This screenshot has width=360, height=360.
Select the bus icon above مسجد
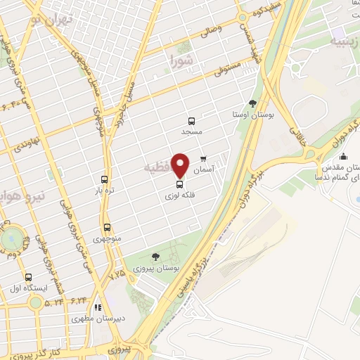[192, 120]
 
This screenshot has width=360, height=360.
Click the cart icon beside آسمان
[204, 159]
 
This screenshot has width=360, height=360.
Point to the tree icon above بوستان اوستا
[252, 103]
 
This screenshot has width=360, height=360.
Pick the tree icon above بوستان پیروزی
[155, 257]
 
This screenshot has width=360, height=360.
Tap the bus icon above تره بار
[104, 179]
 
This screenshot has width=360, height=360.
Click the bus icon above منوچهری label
[107, 227]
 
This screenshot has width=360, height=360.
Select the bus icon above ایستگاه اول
[28, 277]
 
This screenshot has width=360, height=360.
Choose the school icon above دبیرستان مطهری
[98, 307]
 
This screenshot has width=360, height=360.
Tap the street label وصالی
[210, 29]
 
